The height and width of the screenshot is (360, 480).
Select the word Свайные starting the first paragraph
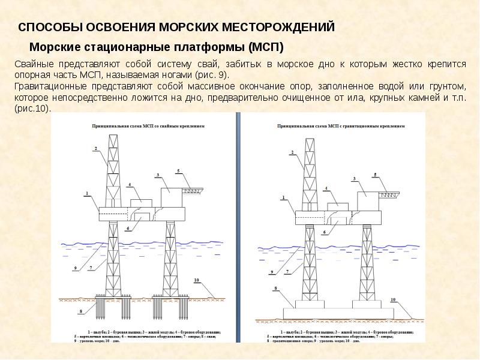pyautogui.click(x=34, y=64)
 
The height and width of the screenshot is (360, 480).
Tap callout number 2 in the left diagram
pyautogui.click(x=95, y=148)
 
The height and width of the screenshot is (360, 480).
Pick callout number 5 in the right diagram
pyautogui.click(x=376, y=175)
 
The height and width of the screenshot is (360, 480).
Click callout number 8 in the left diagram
pyautogui.click(x=80, y=312)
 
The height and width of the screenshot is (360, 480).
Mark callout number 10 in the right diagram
pyautogui.click(x=393, y=299)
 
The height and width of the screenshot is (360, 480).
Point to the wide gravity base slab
pyautogui.click(x=338, y=313)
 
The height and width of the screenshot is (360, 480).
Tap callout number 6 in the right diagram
pyautogui.click(x=324, y=232)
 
